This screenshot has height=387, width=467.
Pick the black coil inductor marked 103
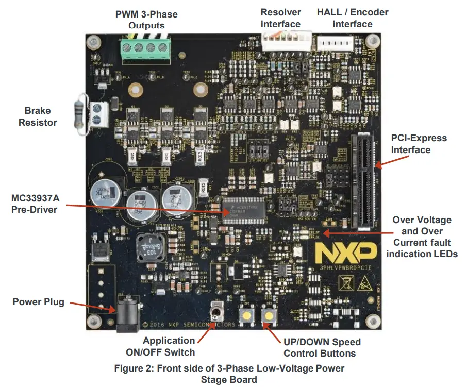149,248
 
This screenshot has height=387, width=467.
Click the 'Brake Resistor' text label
38,116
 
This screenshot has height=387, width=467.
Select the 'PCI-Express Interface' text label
419,144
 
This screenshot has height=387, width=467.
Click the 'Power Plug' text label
39,301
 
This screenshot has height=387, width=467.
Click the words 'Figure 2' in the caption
134,368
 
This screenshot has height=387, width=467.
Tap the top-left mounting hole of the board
93,40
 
